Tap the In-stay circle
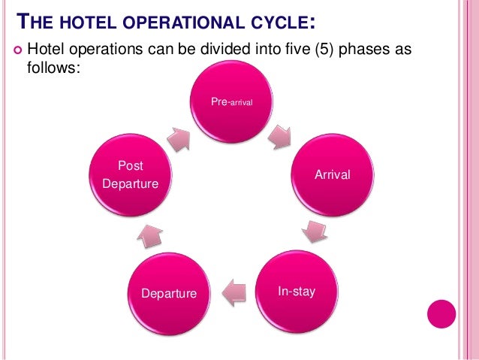[x=297, y=290]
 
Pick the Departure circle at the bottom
[x=169, y=292]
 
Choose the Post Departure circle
[x=130, y=175]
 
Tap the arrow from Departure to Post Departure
[x=148, y=236]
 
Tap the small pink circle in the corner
[x=441, y=313]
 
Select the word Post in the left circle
[x=130, y=165]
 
